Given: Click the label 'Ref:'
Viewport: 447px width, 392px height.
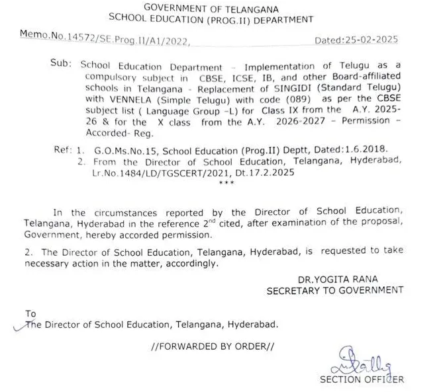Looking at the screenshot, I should (x=64, y=151).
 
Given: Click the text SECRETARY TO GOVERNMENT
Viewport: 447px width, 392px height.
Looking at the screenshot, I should (x=334, y=290).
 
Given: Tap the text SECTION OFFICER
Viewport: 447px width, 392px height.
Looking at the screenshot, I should (x=361, y=379).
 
